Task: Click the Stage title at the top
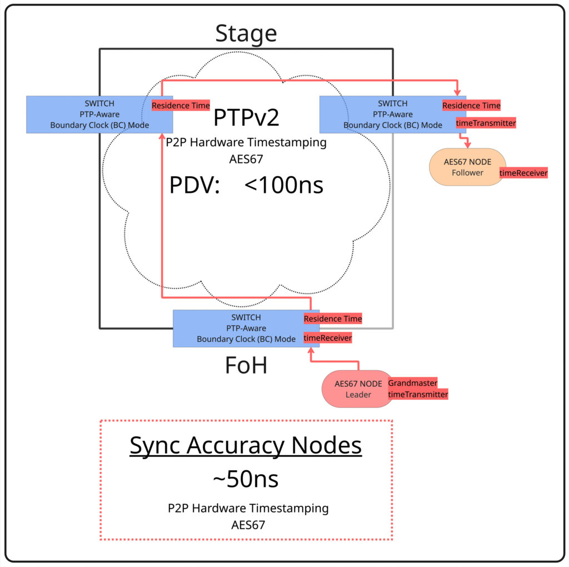(246, 33)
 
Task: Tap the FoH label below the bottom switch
(246, 365)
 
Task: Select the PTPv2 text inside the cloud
(246, 117)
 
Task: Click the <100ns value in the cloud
(284, 185)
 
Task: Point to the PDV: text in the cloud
(195, 185)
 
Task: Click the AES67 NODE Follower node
(467, 167)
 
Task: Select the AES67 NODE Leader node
(358, 389)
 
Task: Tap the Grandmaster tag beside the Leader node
(413, 383)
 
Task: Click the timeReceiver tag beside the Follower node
(523, 173)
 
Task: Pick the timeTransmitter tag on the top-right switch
(486, 123)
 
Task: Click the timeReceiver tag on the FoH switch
(328, 338)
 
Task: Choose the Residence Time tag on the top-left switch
(181, 105)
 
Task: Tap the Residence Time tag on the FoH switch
(333, 319)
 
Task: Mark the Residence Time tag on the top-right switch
(471, 105)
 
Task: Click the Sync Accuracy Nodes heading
(246, 445)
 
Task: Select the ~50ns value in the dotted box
(246, 479)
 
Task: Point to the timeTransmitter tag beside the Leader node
(418, 394)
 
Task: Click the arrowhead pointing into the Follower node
(468, 145)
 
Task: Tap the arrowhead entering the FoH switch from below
(311, 350)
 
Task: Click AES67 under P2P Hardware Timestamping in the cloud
(246, 159)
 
